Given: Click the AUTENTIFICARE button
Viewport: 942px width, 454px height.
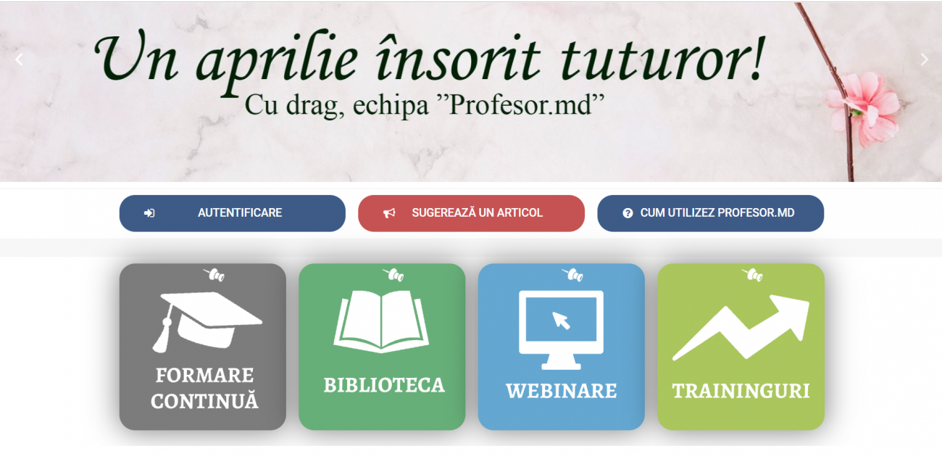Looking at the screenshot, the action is click(x=232, y=213).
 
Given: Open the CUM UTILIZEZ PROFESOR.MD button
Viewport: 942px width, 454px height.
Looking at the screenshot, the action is click(x=710, y=213).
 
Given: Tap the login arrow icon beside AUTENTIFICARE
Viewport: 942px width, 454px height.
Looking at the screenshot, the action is click(x=149, y=213).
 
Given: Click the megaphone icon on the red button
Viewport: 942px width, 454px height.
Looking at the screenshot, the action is click(x=389, y=213).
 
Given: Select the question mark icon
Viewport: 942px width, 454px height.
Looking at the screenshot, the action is click(x=628, y=213).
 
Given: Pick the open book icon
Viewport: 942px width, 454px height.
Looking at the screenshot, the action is click(x=381, y=321).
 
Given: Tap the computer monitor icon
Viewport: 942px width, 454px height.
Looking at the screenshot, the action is click(x=561, y=330).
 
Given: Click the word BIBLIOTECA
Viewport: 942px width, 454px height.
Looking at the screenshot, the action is click(x=384, y=385).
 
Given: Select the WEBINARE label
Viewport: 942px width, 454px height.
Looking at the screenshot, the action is click(x=562, y=391).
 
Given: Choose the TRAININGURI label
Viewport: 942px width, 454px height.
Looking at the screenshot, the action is click(x=741, y=391).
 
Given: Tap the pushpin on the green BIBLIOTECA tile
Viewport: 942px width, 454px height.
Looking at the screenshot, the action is click(x=393, y=274).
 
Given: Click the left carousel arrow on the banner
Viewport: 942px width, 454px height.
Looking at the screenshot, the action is click(x=19, y=59).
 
